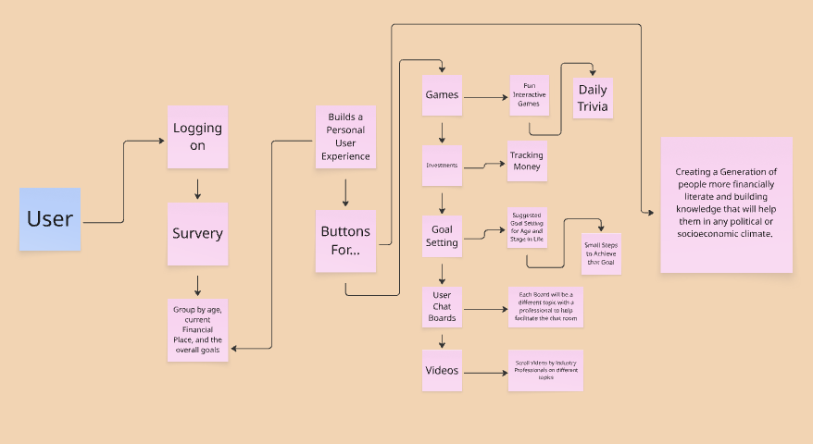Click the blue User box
click(50, 219)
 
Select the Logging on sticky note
click(197, 136)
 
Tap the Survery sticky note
click(197, 233)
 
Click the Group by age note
click(197, 328)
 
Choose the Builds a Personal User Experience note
click(345, 137)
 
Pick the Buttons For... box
click(345, 240)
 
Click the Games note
click(442, 94)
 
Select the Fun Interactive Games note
click(529, 96)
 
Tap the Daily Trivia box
click(593, 98)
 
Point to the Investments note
click(442, 166)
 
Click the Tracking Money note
click(526, 161)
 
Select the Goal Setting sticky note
click(442, 236)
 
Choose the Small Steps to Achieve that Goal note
click(600, 253)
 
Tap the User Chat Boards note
click(442, 305)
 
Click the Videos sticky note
click(442, 371)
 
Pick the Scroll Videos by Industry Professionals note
click(546, 370)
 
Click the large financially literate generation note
click(726, 204)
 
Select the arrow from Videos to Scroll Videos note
click(484, 372)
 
